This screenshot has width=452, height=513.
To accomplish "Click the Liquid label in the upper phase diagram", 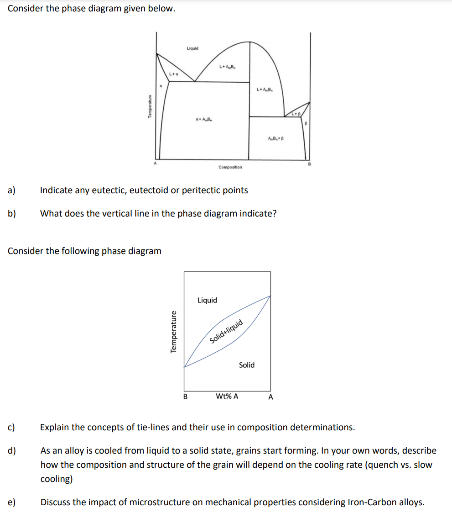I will [x=192, y=48].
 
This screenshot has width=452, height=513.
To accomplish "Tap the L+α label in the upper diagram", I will [x=173, y=74].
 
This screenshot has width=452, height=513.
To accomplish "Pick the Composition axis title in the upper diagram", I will [x=230, y=167].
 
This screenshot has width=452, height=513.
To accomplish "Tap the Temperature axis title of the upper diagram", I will [x=149, y=108].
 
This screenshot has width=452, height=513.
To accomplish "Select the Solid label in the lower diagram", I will [x=246, y=365].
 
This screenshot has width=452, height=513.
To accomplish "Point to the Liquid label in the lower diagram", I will [x=207, y=300].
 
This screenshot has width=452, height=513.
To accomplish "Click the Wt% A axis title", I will [x=227, y=397].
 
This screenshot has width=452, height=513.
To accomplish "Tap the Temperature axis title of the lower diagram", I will [x=173, y=332].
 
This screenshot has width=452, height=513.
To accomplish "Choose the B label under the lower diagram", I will [x=185, y=397].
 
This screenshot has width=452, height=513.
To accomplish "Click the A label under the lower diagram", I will [x=270, y=397].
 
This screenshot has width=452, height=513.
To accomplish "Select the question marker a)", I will [x=12, y=190].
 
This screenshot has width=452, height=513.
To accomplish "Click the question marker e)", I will [x=12, y=502].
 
